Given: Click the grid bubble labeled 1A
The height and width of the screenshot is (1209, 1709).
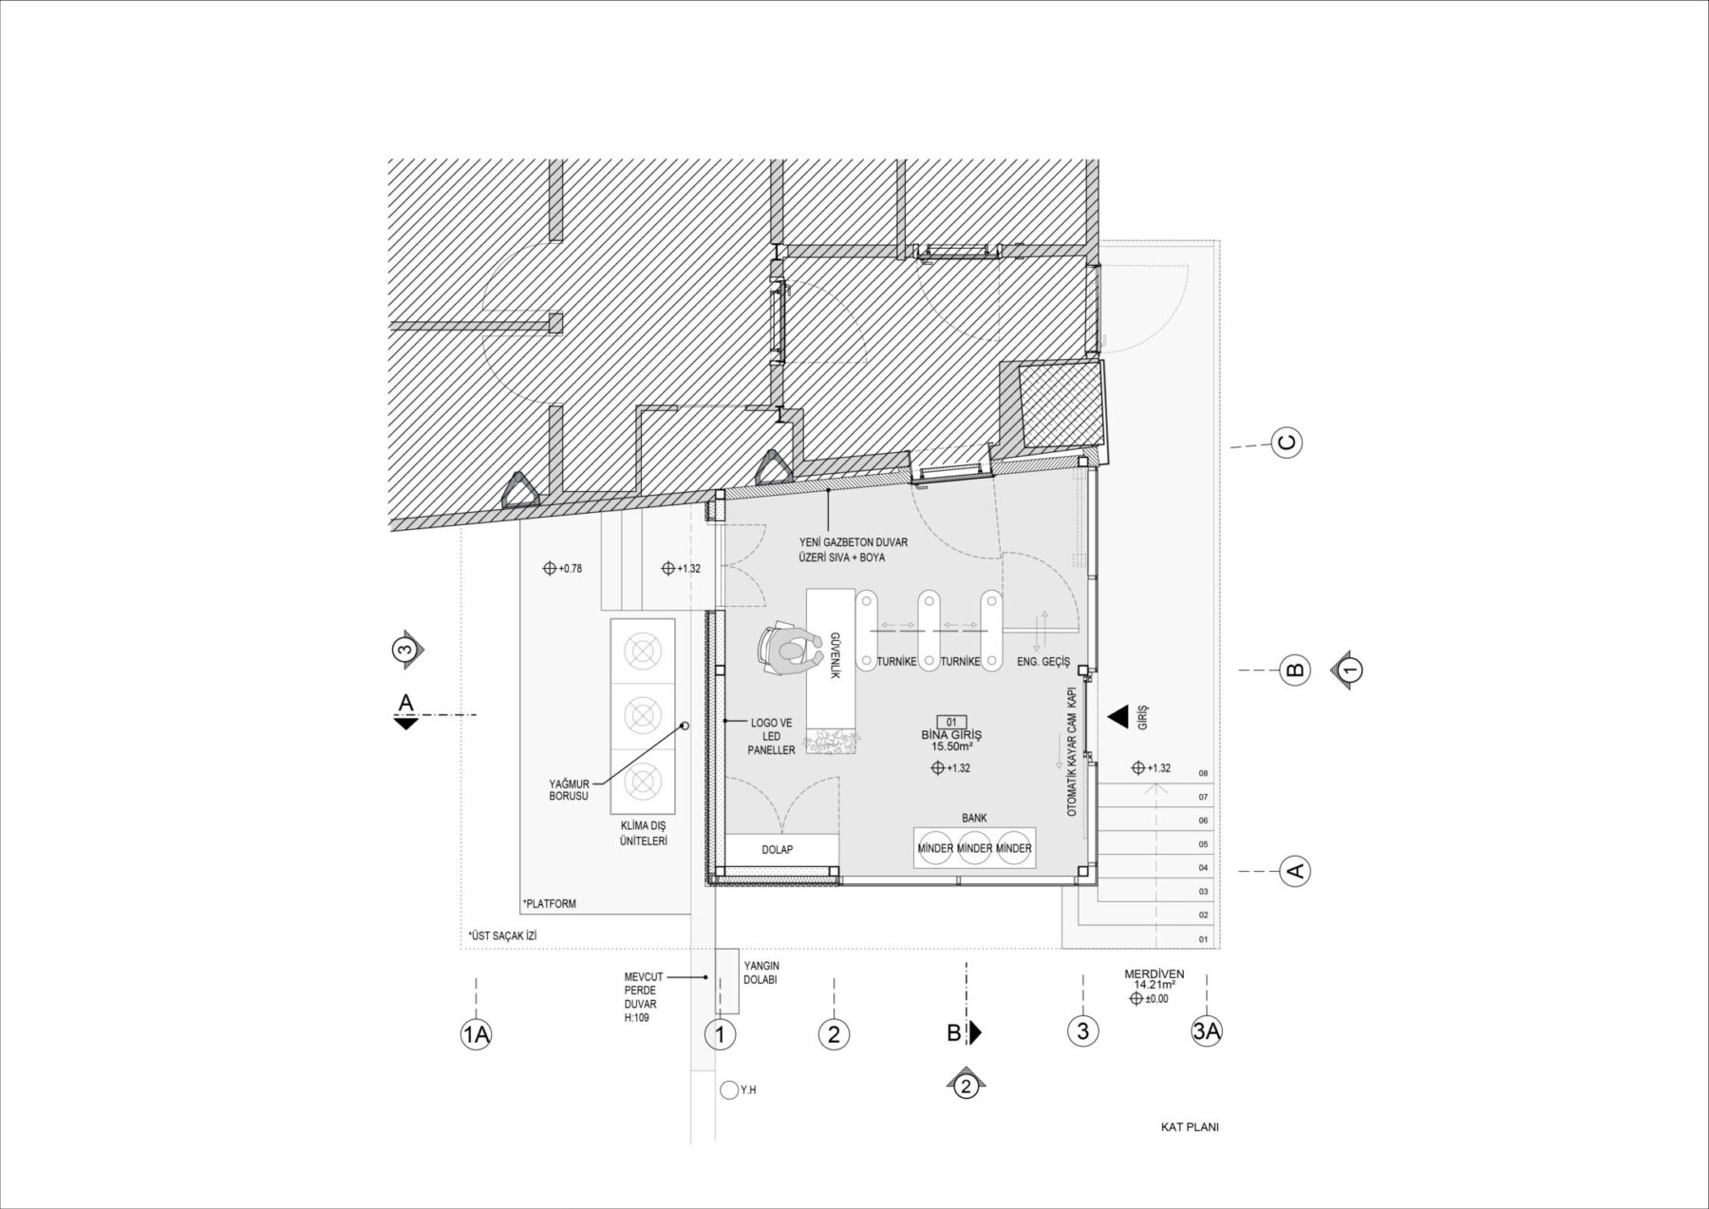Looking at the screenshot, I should (476, 1034).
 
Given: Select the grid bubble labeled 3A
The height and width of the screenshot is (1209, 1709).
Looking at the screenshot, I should (1206, 1032).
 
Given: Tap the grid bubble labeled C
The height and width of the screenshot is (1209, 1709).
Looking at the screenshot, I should (1287, 443).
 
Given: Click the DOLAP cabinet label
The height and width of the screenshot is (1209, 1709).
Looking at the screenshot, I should (777, 850).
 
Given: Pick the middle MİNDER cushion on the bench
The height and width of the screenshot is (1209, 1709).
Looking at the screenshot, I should (974, 848).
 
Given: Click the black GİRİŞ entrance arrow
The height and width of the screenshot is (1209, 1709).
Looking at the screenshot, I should (1119, 717).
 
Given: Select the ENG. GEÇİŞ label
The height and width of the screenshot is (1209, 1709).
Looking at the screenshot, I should (1042, 662).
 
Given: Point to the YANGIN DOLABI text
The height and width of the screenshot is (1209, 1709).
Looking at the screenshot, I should (761, 973).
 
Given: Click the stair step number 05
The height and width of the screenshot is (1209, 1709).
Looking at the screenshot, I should (1203, 844).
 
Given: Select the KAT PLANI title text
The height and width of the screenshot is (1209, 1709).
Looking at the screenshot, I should (1189, 1127).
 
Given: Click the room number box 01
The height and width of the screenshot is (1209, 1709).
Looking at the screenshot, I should (950, 722).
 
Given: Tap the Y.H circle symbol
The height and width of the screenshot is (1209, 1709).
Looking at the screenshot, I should (729, 1090).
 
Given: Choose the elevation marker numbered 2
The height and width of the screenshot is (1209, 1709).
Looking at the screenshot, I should (966, 1086).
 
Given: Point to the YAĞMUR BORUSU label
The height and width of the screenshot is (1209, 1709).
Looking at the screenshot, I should (569, 790).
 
